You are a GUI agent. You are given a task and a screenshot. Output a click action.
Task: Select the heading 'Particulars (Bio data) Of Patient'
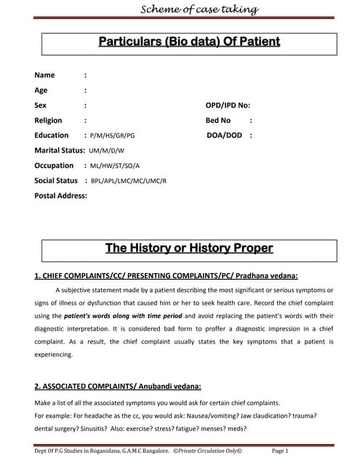pos(189,41)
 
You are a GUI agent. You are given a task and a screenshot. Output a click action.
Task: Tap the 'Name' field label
pos(44,75)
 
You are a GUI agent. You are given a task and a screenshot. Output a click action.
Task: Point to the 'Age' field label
pos(41,90)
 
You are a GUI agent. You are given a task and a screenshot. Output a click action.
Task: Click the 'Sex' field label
pos(41,105)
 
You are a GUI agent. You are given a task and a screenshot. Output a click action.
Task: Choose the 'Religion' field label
pos(48,121)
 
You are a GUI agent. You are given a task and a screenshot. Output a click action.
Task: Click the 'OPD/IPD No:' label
pos(228,105)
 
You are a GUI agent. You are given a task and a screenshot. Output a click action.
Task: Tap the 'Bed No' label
pos(218,121)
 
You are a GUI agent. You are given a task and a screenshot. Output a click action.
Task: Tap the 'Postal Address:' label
pos(61,195)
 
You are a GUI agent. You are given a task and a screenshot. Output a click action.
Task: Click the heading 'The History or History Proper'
pos(189,248)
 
